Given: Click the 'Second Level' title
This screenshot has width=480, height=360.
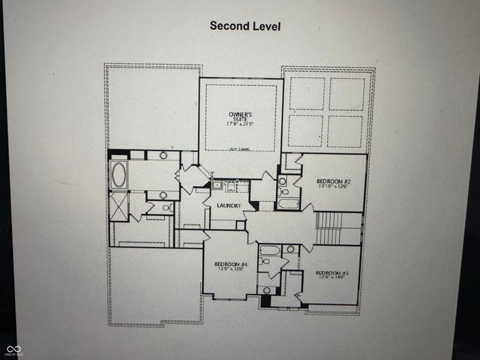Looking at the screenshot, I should coord(245,25).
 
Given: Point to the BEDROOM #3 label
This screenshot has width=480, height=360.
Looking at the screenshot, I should coord(331,272).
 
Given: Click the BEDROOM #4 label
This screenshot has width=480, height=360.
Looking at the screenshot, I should coord(231,264).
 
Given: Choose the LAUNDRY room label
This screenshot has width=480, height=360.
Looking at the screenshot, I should coord(229,205).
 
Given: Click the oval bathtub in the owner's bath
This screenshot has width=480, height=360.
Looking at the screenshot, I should coord(118,174).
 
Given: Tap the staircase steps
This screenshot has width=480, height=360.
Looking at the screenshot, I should coord(328,221).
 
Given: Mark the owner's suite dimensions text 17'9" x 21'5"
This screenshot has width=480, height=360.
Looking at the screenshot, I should coord(241,124).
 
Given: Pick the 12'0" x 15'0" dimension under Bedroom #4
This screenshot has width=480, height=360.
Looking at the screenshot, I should coord(231,270).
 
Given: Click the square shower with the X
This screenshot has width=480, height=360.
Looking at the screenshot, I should coord(118,205).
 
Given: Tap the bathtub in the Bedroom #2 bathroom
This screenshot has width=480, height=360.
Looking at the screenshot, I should coord(288,202).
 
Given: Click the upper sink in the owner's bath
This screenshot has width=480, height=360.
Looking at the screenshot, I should coord(163,155).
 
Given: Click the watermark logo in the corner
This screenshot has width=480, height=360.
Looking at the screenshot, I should coord(14,349).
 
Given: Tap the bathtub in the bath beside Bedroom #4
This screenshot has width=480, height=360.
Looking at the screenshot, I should coord(271,250).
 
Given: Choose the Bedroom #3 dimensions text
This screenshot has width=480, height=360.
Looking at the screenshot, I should coord(331,278).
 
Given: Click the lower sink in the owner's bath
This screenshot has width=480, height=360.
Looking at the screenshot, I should coord(163,194).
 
